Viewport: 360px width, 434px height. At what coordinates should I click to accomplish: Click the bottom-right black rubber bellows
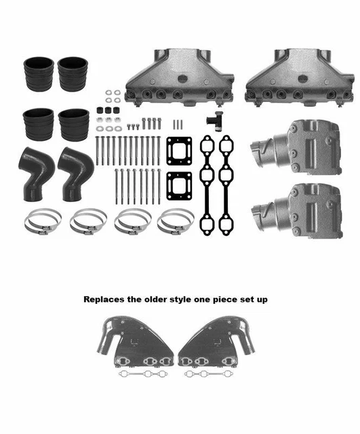click(x=73, y=124)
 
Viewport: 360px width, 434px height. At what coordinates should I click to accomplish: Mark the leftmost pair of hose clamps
click(x=43, y=222)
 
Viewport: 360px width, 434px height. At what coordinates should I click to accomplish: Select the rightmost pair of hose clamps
click(x=175, y=222)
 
